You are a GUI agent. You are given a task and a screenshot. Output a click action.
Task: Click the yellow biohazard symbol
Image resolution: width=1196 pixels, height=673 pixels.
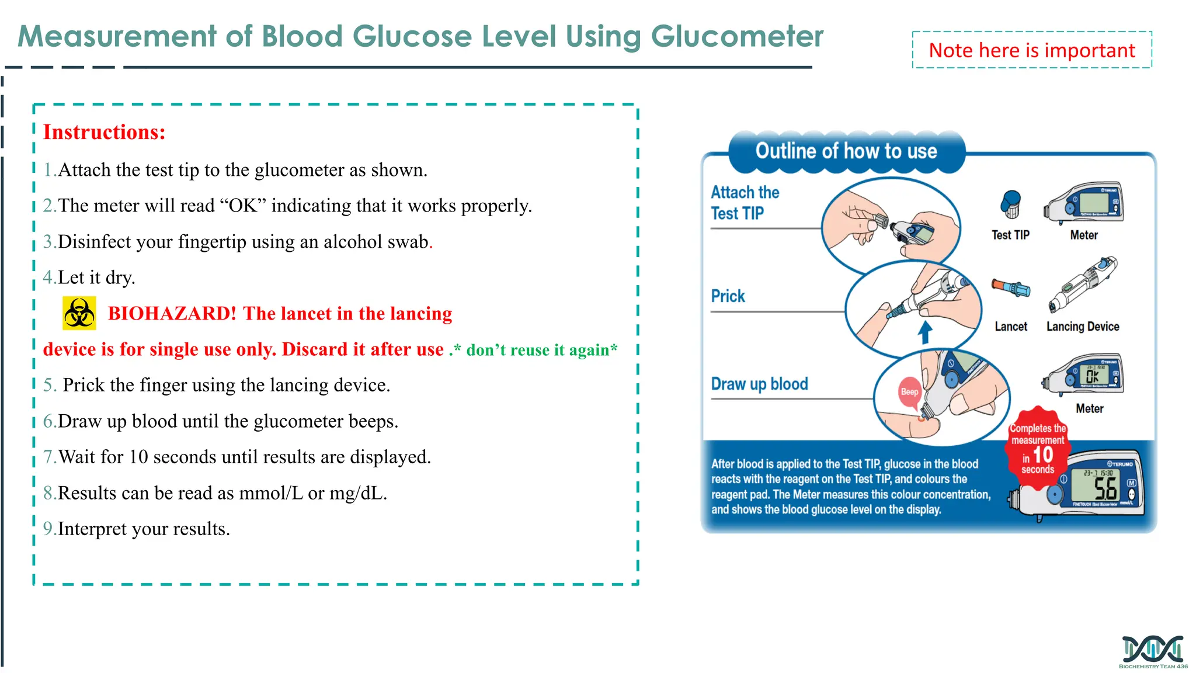point(79,314)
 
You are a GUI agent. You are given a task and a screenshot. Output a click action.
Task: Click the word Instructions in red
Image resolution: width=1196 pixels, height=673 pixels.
point(104,132)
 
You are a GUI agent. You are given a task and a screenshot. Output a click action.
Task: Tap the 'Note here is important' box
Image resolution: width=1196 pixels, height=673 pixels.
point(1031,50)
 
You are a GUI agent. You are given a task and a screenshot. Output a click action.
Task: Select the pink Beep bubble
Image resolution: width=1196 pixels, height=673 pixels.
point(909,392)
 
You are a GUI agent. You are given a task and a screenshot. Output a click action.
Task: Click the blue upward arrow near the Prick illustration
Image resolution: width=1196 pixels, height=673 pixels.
point(924,332)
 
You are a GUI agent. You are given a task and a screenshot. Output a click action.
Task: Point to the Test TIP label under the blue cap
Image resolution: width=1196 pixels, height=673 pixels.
point(1010,235)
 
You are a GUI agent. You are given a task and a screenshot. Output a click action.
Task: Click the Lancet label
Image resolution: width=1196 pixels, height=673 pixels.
point(1011,327)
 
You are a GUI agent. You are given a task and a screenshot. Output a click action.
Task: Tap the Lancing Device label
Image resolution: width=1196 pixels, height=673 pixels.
point(1082,327)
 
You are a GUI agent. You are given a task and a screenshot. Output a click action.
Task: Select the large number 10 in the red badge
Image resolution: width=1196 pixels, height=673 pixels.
point(1042,455)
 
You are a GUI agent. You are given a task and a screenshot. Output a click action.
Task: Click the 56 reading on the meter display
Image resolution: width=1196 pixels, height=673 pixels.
point(1105,488)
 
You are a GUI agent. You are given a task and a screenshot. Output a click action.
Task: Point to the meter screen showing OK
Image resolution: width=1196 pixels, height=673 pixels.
point(1092,376)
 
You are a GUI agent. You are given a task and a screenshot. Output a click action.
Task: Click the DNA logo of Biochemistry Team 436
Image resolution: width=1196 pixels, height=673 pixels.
point(1153,650)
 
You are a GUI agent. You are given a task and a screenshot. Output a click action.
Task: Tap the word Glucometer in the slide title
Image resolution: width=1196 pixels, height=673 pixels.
point(736,37)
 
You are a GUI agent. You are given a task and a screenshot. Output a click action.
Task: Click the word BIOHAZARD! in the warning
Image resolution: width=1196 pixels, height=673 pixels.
point(172,314)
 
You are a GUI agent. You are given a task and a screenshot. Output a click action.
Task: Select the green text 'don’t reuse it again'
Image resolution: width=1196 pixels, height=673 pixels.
point(541,350)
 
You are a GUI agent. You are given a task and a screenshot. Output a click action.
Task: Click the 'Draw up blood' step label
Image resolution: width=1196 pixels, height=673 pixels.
point(759,384)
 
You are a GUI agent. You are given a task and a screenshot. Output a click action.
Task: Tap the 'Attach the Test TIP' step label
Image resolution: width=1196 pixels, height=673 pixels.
point(745,203)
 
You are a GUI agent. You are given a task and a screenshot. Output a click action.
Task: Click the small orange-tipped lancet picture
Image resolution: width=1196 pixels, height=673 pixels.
point(1010,287)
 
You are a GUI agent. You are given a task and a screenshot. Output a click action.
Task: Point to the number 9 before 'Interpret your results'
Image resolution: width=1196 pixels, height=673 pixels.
point(48,529)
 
